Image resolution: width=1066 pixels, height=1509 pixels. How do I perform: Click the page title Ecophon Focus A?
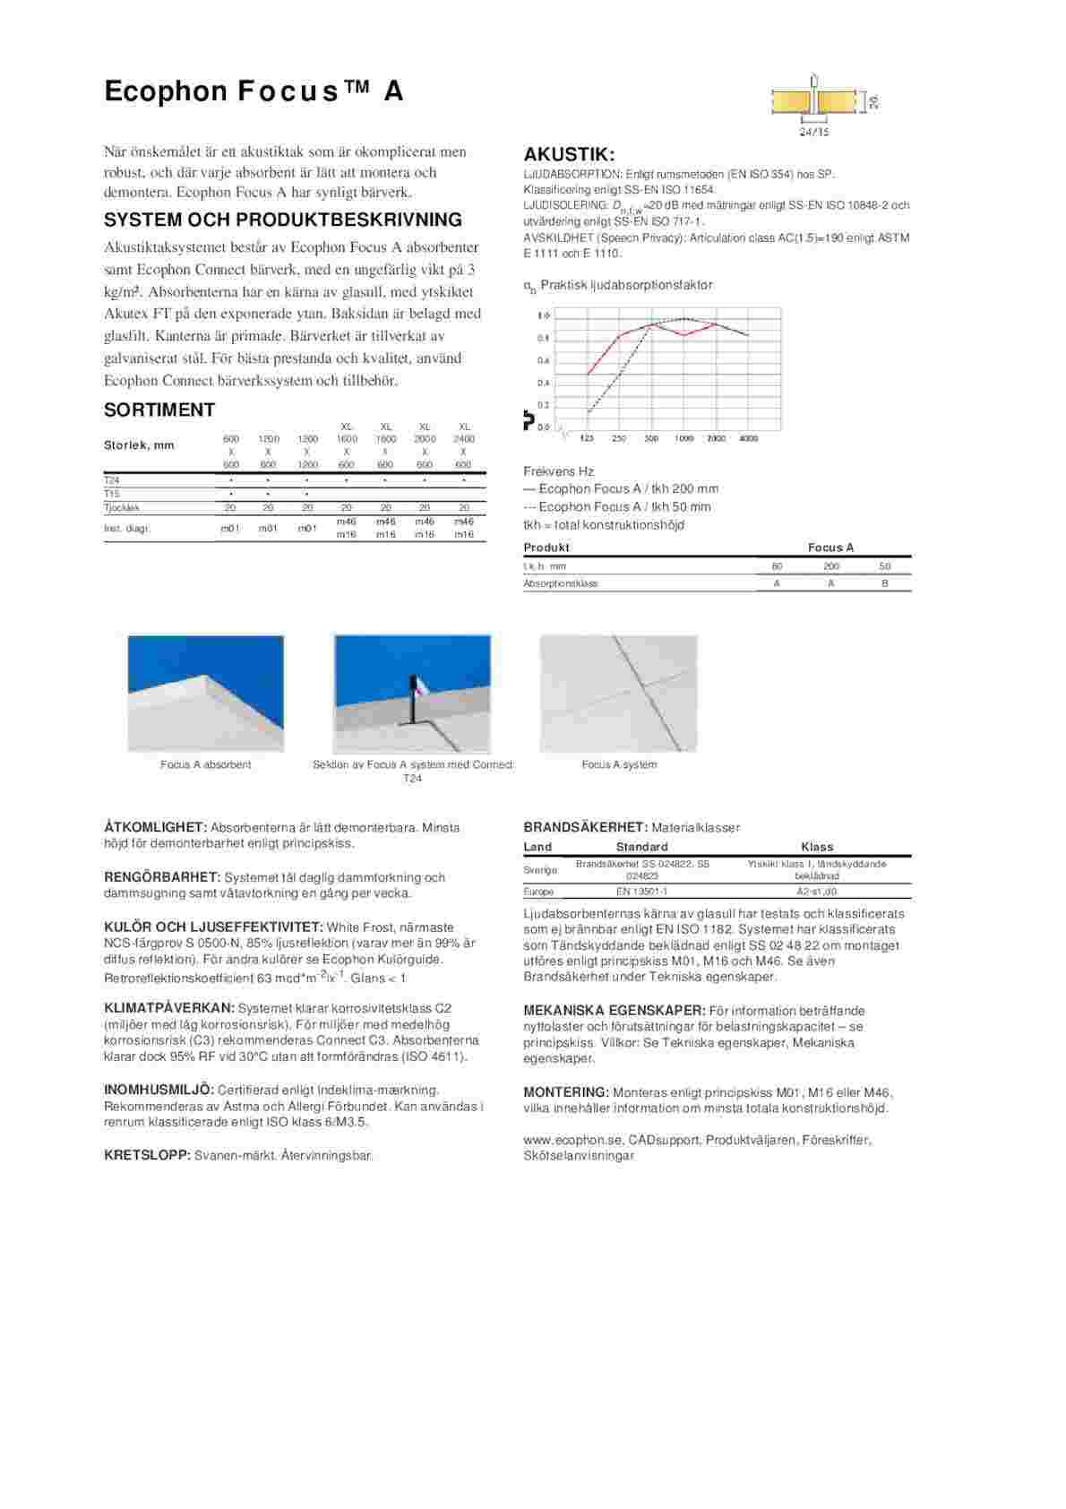[254, 91]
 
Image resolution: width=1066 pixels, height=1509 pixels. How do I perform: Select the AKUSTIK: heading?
[569, 154]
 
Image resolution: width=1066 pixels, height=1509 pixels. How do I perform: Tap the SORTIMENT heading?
[159, 410]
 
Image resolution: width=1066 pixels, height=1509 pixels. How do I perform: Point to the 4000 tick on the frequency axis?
[748, 439]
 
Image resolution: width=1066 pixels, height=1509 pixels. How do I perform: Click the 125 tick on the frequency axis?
[587, 439]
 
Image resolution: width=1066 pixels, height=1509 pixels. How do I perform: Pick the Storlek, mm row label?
[139, 445]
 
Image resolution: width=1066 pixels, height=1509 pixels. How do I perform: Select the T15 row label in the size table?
[112, 494]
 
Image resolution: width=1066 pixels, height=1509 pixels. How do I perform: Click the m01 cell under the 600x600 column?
[230, 529]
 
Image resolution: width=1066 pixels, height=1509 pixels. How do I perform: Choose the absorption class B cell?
[885, 583]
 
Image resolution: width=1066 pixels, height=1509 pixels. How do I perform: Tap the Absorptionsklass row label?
[560, 583]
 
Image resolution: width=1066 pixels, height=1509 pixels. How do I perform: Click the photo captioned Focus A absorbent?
[206, 694]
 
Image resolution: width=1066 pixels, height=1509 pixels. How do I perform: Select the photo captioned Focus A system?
[618, 694]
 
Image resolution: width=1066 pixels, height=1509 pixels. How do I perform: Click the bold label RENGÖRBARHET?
[162, 877]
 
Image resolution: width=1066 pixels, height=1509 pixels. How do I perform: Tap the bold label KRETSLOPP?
[147, 1156]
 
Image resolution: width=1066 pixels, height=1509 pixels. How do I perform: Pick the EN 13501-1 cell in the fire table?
[641, 892]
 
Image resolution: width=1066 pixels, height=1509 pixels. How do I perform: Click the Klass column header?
[817, 847]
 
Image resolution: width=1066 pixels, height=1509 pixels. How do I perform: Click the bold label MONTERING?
[566, 1092]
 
